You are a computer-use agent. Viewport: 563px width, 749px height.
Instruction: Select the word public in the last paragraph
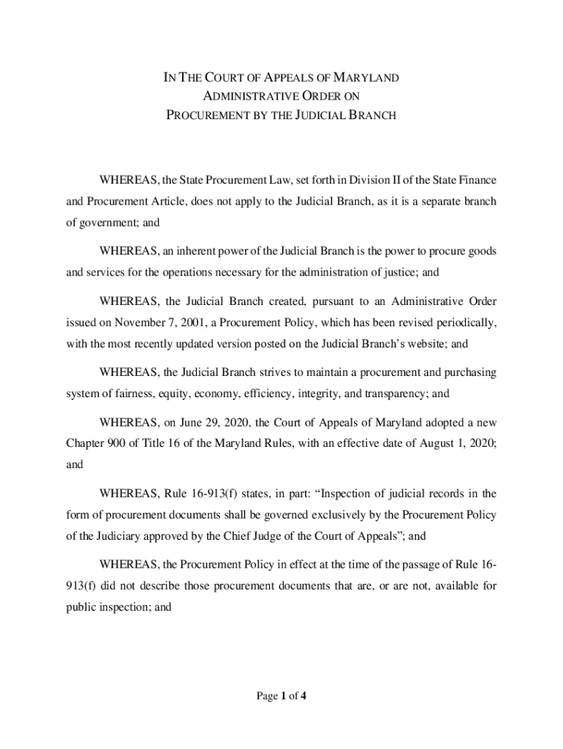tap(83, 606)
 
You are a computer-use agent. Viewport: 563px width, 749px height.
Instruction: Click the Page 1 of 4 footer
tap(281, 696)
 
